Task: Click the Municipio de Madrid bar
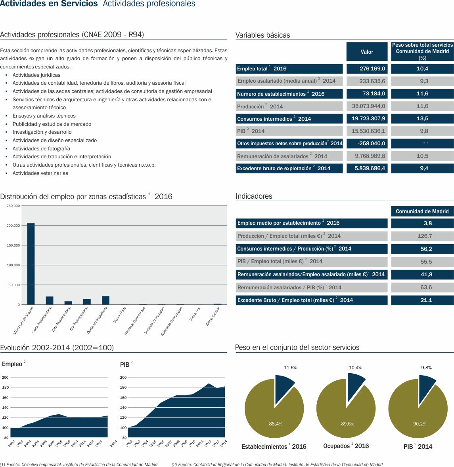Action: (31, 264)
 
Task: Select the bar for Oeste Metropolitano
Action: (105, 300)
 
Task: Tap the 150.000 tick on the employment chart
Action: (13, 245)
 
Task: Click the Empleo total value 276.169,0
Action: (367, 68)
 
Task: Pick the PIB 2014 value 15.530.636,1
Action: (367, 131)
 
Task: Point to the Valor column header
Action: (367, 52)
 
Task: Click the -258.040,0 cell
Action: (367, 143)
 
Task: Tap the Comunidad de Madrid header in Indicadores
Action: (422, 211)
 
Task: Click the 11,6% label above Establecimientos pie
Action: (290, 368)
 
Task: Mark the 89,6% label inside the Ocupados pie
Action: (347, 424)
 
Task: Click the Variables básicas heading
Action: (263, 35)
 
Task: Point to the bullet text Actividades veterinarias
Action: (40, 173)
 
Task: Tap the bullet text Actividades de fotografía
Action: (41, 149)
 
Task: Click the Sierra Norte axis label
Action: (120, 315)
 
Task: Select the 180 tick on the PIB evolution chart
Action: (123, 387)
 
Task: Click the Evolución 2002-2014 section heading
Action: (57, 348)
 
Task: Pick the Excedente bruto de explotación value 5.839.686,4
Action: (367, 168)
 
